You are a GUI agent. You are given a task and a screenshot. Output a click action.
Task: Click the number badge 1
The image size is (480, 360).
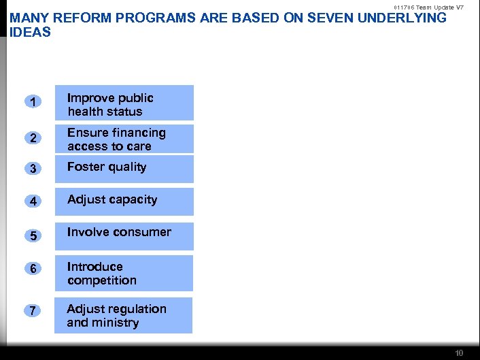[33, 103]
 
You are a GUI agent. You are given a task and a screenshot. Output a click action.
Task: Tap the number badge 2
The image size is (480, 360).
[33, 139]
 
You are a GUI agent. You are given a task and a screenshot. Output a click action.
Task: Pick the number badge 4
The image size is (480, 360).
[33, 202]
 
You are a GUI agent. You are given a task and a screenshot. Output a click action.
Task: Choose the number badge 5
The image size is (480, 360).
[33, 235]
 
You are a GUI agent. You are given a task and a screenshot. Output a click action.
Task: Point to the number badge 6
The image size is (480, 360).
[33, 269]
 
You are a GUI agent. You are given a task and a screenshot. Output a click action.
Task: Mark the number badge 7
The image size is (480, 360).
[33, 311]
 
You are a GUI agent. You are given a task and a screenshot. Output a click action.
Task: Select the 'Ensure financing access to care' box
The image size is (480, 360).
[124, 139]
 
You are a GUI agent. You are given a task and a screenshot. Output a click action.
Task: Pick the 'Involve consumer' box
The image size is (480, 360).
[124, 235]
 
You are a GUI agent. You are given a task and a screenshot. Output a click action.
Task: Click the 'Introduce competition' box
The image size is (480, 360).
[124, 273]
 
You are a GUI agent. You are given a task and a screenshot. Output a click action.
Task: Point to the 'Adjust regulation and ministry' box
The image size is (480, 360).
[124, 315]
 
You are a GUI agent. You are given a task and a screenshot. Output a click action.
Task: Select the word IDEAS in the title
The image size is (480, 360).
[31, 32]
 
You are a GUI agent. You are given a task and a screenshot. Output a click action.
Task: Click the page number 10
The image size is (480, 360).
[459, 353]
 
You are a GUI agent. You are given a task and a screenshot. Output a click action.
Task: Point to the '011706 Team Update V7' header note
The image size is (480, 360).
[429, 7]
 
